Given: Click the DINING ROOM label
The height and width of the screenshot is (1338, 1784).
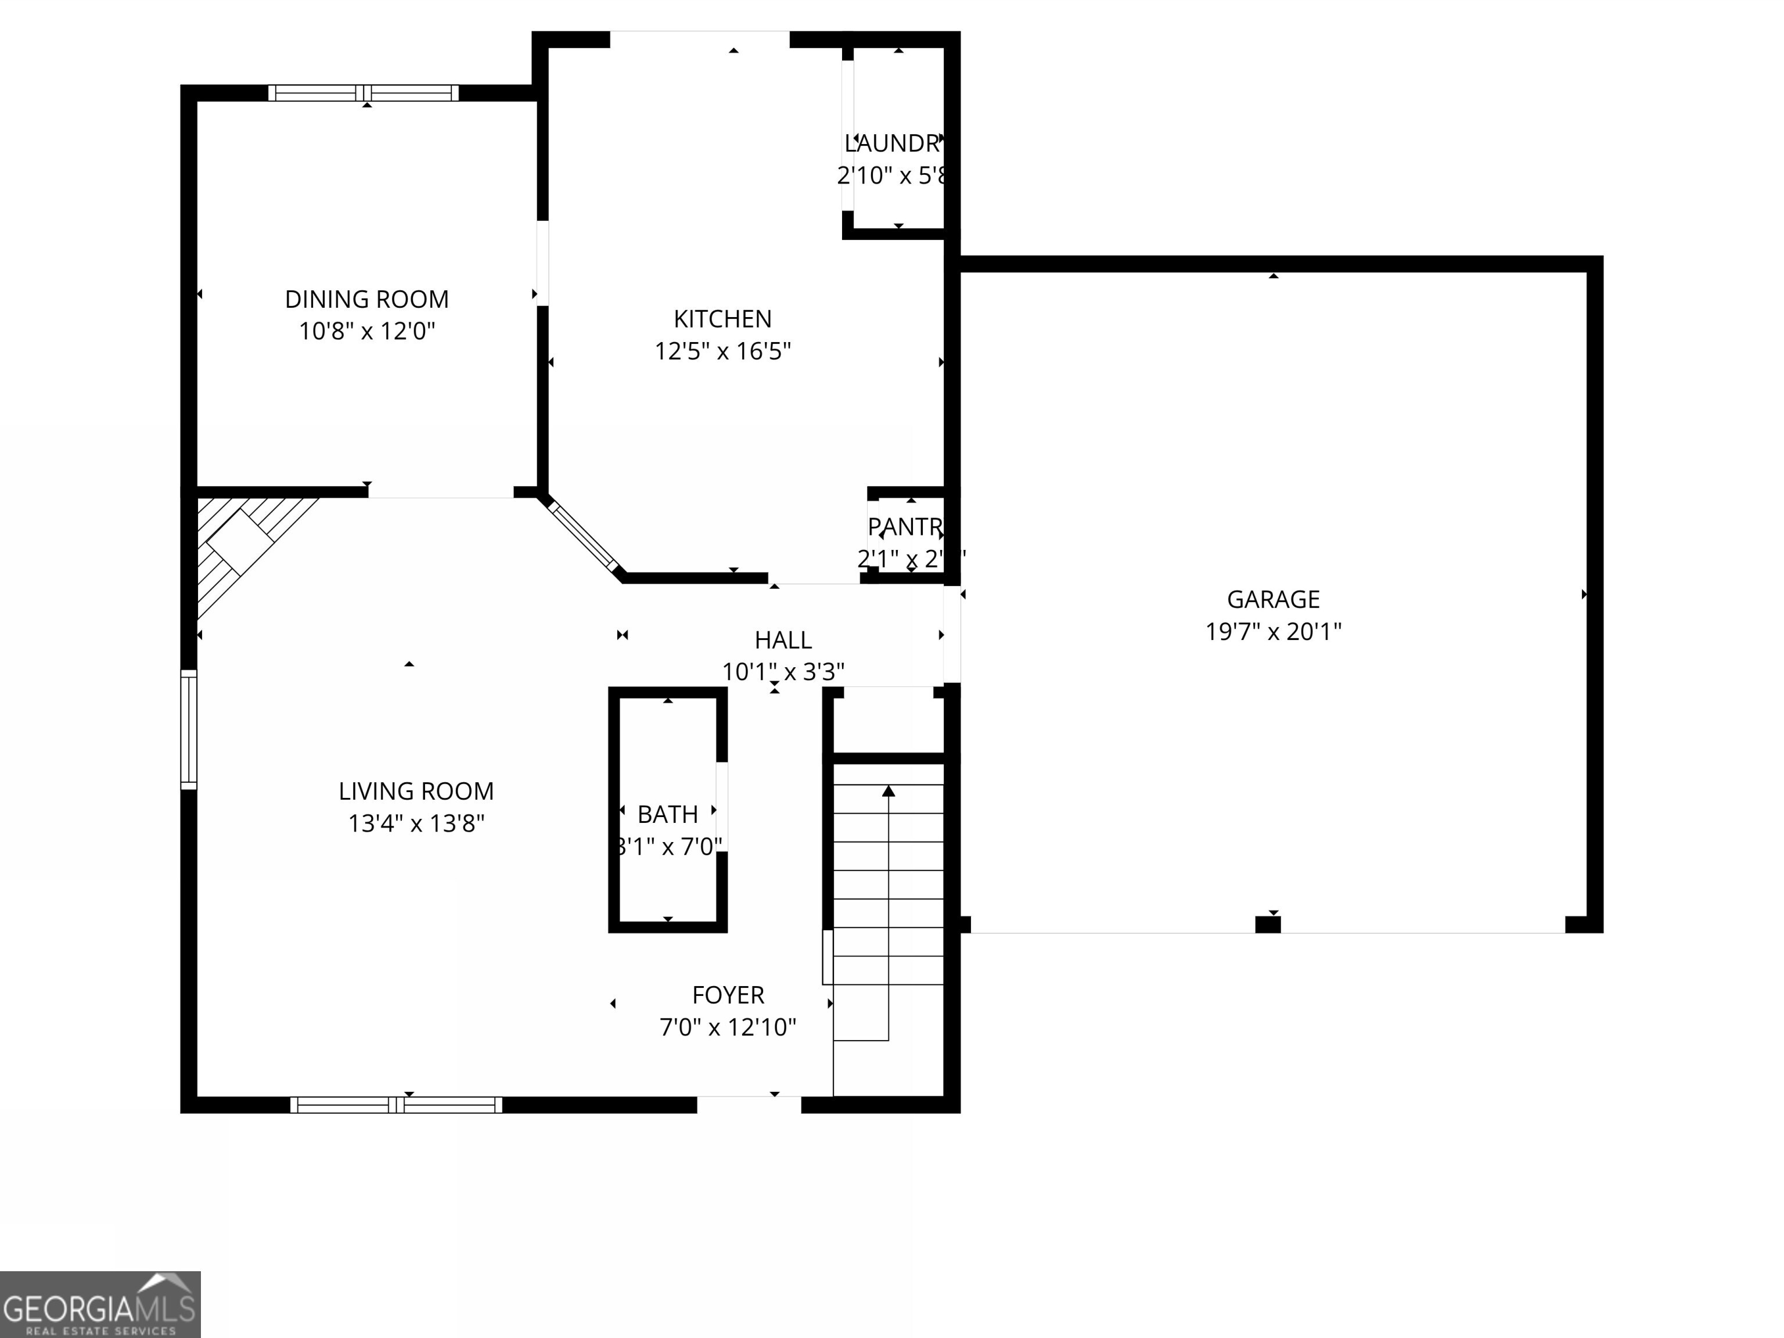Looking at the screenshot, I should tap(366, 299).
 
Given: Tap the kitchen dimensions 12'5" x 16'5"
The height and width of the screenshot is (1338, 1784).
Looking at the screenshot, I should tap(722, 351).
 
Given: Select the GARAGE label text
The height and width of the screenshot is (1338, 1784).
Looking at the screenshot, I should tap(1273, 599).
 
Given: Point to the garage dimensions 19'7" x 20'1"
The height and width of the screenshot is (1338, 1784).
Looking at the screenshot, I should tap(1273, 631).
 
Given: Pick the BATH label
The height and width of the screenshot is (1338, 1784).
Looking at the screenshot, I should tap(667, 815).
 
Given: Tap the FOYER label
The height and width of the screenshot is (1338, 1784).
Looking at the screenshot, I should tap(728, 995).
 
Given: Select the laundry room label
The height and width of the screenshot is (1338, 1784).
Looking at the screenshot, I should tap(892, 143).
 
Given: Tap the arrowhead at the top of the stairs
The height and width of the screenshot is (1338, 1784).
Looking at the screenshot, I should tap(888, 791).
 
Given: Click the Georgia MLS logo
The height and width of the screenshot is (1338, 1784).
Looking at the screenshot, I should tap(100, 1304).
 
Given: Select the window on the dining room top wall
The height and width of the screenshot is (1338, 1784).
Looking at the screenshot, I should tap(363, 93).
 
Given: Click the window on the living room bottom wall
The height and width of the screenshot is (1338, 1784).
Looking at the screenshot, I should tap(396, 1105).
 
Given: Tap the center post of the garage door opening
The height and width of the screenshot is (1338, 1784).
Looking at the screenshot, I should tap(1267, 925).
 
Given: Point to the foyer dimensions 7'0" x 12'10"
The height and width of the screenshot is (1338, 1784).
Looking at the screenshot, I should tap(728, 1027).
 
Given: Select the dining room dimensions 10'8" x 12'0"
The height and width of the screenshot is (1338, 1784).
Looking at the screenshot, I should tap(366, 332).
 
